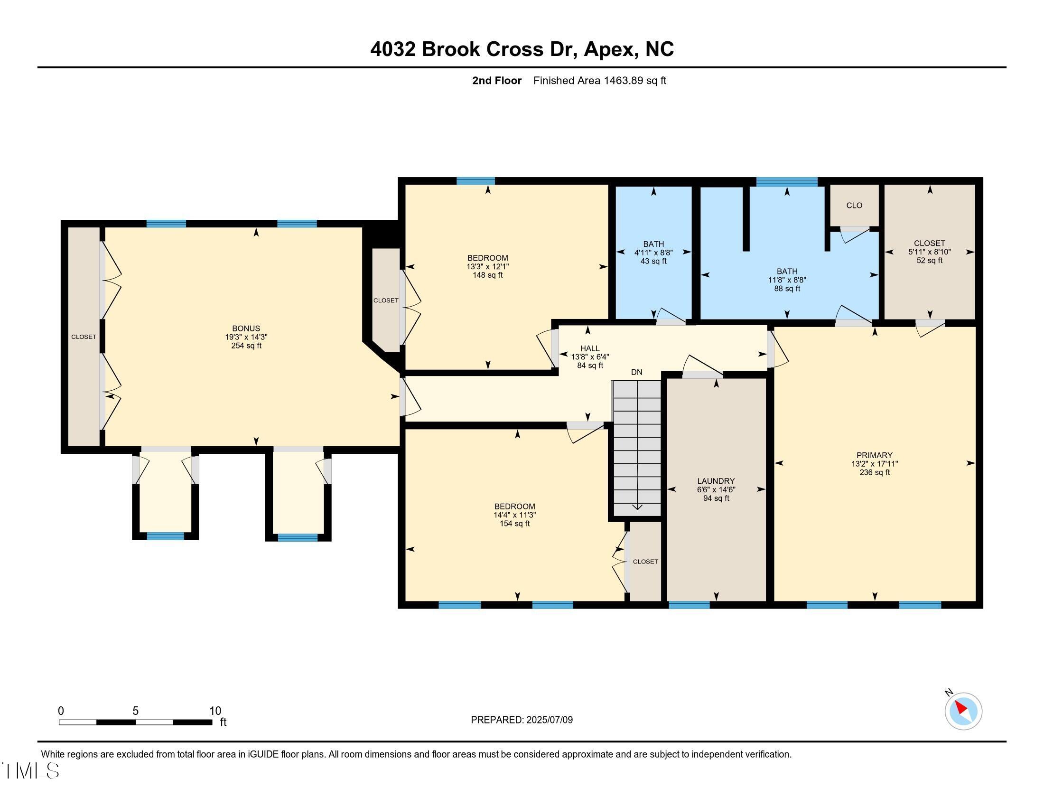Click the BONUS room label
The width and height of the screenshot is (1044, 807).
pos(246,328)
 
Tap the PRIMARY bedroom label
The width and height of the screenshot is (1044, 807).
pos(874,455)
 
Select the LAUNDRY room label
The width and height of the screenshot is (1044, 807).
pos(716,481)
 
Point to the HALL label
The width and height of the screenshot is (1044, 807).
pos(590,348)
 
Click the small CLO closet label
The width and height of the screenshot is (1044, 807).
pos(854,206)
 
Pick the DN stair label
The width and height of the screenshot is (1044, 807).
pos(637,372)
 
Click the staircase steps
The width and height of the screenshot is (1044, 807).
pos(637,448)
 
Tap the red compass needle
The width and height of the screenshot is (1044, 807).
pos(960,708)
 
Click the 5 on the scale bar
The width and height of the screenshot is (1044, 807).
pos(136,711)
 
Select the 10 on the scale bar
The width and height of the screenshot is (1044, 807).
pos(215,711)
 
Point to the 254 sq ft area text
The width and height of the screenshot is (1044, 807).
pos(246,346)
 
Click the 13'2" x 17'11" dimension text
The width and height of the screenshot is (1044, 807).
pos(874,464)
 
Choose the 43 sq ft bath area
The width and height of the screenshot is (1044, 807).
pos(653,261)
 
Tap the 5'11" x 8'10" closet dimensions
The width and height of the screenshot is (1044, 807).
pos(929,252)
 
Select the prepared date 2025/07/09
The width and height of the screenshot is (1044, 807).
pos(549,720)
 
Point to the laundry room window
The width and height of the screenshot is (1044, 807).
pos(689,605)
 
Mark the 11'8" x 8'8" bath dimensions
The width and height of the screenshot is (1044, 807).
pos(787,280)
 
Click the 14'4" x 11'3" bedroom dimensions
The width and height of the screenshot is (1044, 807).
pos(515,515)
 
